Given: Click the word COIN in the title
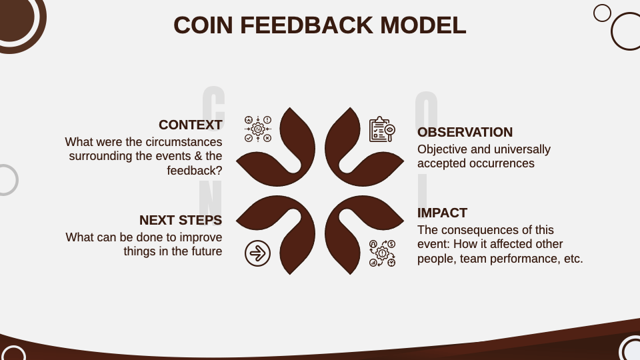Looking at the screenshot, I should click(203, 25).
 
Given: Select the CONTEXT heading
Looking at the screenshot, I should click(190, 125).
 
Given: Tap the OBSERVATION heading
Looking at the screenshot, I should click(465, 132).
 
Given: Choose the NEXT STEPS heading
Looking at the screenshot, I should click(180, 220).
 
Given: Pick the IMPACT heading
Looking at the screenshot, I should click(442, 213).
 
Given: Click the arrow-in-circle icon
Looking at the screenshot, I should click(257, 253).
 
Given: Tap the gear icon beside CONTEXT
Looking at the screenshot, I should click(258, 129).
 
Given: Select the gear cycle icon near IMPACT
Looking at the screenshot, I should click(382, 253).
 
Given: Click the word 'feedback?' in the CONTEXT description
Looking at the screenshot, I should click(195, 171).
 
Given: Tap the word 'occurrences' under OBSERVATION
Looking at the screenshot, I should click(501, 163).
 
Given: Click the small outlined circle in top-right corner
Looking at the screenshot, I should click(602, 13).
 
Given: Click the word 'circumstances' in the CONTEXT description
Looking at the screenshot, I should click(183, 142).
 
